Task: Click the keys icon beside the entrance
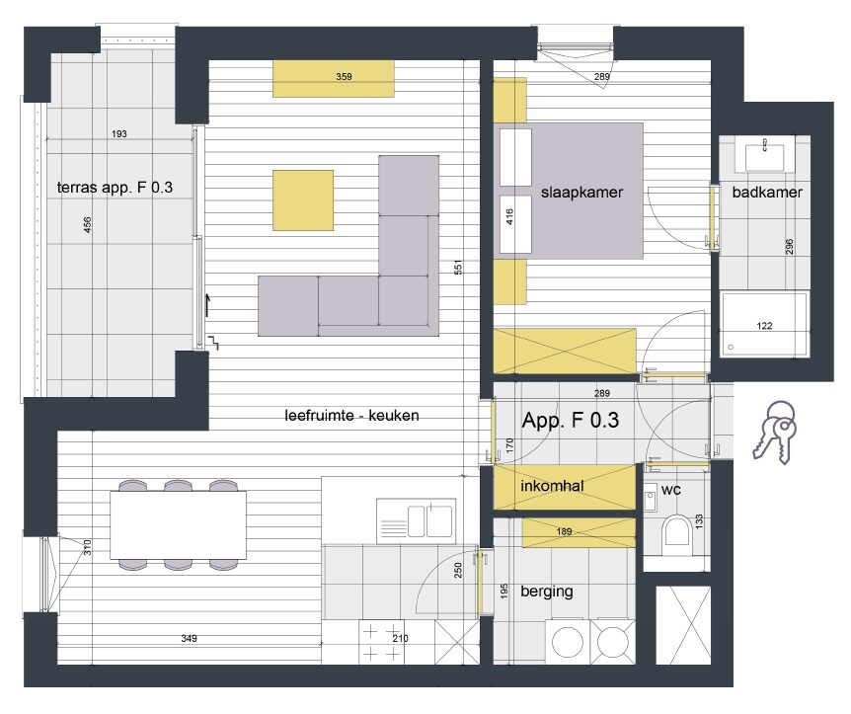[773, 433]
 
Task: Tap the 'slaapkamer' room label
[582, 194]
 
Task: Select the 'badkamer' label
[766, 194]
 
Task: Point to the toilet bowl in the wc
[677, 533]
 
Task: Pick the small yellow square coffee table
[303, 199]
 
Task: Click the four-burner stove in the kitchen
[381, 642]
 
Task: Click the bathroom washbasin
[766, 155]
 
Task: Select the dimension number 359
[344, 76]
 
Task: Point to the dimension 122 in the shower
[764, 326]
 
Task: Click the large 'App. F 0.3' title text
[570, 420]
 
